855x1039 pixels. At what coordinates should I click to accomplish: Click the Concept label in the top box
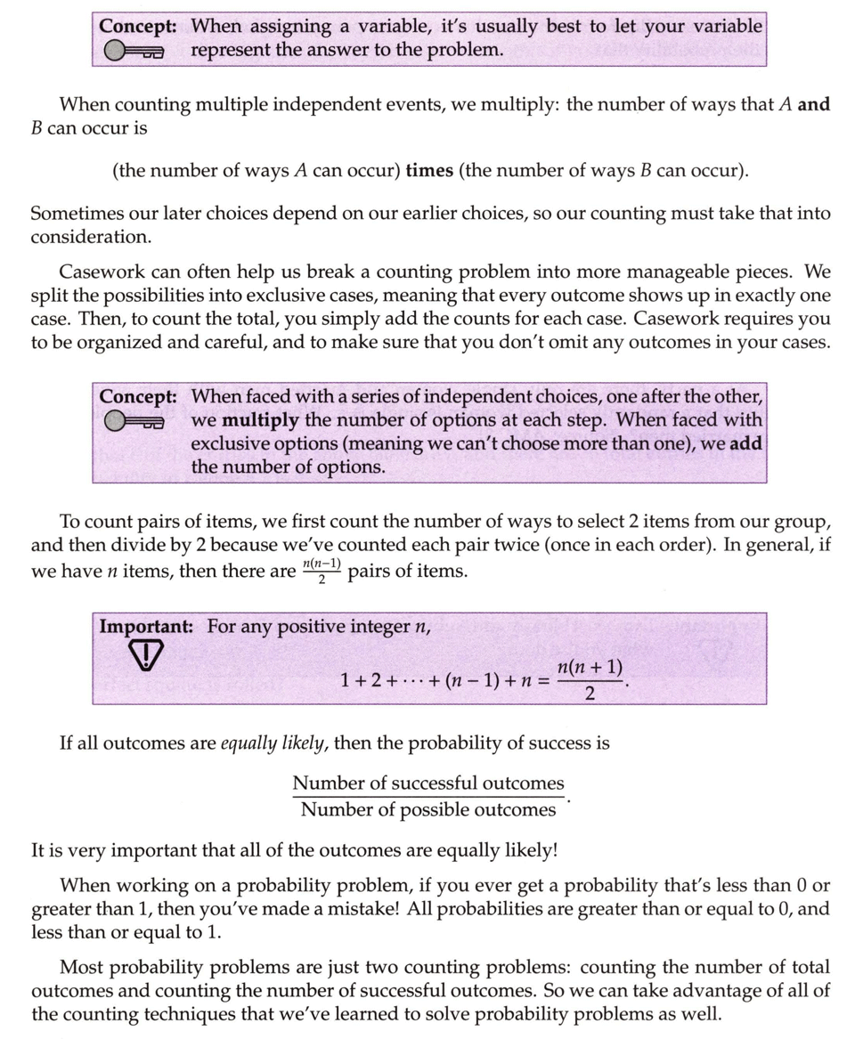(x=137, y=27)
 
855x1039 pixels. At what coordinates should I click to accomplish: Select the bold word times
(x=429, y=170)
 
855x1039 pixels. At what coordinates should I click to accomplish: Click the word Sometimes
(x=77, y=215)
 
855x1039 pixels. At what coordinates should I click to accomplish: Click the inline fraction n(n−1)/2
(x=322, y=570)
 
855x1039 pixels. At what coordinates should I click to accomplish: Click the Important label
(x=146, y=626)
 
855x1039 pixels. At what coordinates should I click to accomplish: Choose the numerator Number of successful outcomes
(x=428, y=783)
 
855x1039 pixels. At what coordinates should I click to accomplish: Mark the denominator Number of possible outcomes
(x=428, y=809)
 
